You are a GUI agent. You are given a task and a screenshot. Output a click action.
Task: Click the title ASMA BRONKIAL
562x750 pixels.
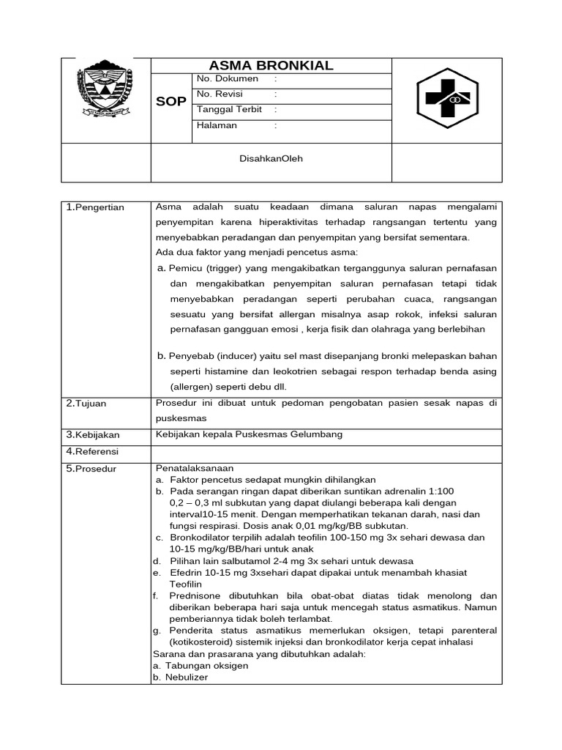tap(271, 65)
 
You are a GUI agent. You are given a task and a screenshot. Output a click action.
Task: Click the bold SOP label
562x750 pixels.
tap(171, 102)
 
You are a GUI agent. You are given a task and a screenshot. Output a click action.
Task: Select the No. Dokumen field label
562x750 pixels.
tap(228, 79)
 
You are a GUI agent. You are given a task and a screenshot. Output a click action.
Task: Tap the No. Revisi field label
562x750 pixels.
tap(220, 94)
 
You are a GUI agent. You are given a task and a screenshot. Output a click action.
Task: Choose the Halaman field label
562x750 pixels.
tap(217, 125)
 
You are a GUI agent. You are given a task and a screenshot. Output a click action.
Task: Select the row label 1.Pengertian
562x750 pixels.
tap(95, 207)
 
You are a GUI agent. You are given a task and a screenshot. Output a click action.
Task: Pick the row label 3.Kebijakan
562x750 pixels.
tap(93, 435)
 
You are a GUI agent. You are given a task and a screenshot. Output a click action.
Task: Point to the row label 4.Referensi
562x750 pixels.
tap(92, 451)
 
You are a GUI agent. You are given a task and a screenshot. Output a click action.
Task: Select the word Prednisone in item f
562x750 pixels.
tap(193, 595)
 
